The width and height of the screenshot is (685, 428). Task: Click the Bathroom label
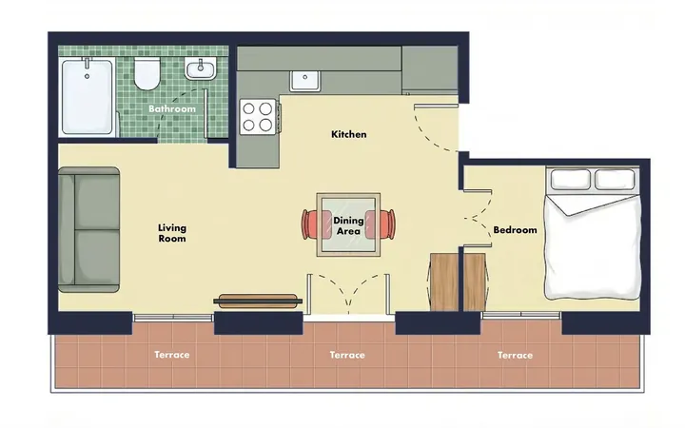172,108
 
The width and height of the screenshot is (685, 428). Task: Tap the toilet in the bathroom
147,73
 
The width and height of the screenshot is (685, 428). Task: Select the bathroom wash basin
201,69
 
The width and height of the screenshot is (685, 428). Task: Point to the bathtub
88,96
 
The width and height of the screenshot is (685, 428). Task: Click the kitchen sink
305,80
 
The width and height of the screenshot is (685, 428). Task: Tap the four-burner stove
258,117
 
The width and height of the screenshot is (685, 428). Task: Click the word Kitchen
348,134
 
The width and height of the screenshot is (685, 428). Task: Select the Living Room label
172,233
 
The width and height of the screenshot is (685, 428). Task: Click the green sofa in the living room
89,230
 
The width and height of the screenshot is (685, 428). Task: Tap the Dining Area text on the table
348,225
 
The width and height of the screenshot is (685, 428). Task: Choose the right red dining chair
381,224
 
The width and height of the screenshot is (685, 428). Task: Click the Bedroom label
515,230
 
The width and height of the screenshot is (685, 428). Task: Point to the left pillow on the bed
571,180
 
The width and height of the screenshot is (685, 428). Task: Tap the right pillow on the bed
615,180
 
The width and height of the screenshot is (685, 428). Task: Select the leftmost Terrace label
171,355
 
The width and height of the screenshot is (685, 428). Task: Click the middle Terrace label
347,355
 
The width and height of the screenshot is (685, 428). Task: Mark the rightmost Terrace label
515,355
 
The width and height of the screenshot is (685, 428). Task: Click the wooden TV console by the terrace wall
258,301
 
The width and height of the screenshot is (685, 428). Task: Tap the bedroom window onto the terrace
521,315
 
